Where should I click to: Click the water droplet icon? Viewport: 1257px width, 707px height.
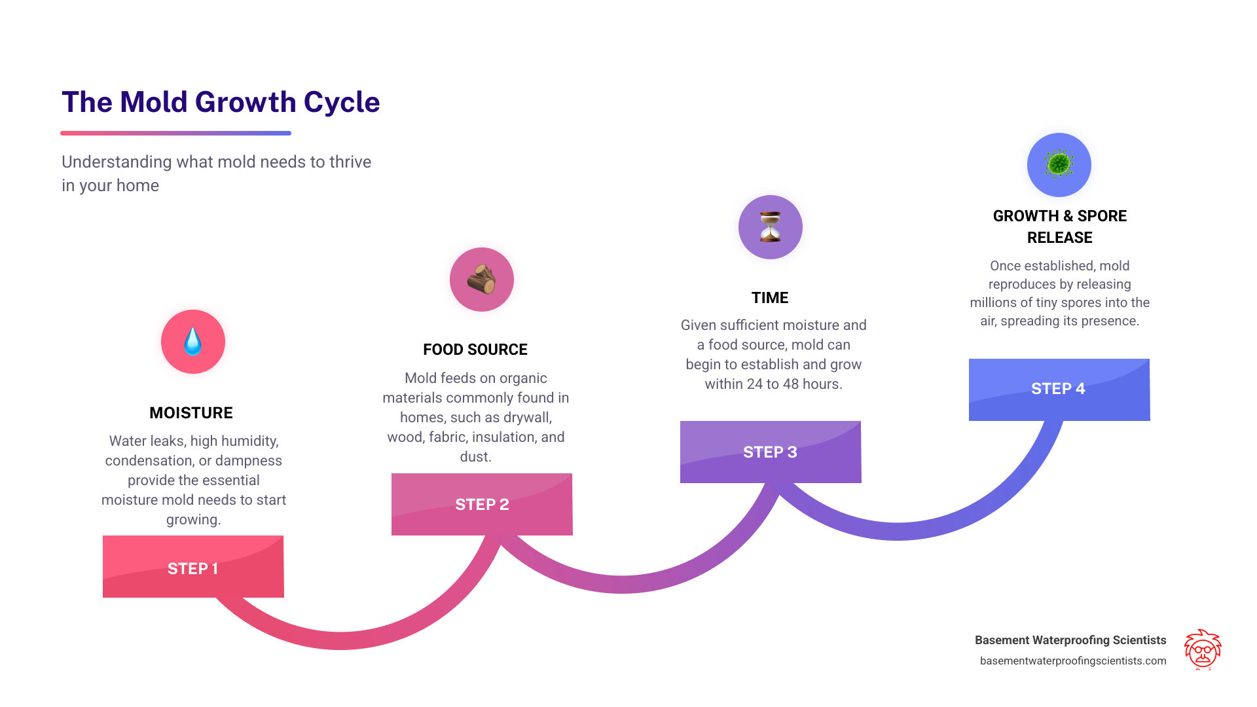point(192,341)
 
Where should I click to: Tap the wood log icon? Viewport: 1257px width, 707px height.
point(481,280)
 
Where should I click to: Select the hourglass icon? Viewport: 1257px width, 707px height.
point(770,227)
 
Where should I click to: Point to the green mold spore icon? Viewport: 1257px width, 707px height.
point(1059,164)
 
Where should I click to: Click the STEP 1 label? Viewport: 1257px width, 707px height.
point(192,568)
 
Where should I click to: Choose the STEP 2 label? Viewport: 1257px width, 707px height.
point(482,504)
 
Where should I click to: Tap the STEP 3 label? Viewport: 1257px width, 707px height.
point(770,452)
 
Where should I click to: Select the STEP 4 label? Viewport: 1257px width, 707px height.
point(1058,388)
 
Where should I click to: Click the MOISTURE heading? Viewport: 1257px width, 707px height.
point(191,412)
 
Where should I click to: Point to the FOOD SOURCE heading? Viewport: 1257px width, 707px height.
point(475,350)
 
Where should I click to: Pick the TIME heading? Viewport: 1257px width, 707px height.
point(770,298)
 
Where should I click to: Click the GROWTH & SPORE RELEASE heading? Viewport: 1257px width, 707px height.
point(1060,227)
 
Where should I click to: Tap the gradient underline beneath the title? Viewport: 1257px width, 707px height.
point(175,133)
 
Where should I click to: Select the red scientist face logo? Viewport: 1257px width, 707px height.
point(1203,649)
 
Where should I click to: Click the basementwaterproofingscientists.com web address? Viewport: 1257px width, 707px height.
point(1073,661)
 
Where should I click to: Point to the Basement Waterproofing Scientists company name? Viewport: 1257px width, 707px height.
point(1070,640)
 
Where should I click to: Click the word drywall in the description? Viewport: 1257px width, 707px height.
point(526,417)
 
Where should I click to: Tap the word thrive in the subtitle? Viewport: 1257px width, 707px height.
point(349,162)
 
